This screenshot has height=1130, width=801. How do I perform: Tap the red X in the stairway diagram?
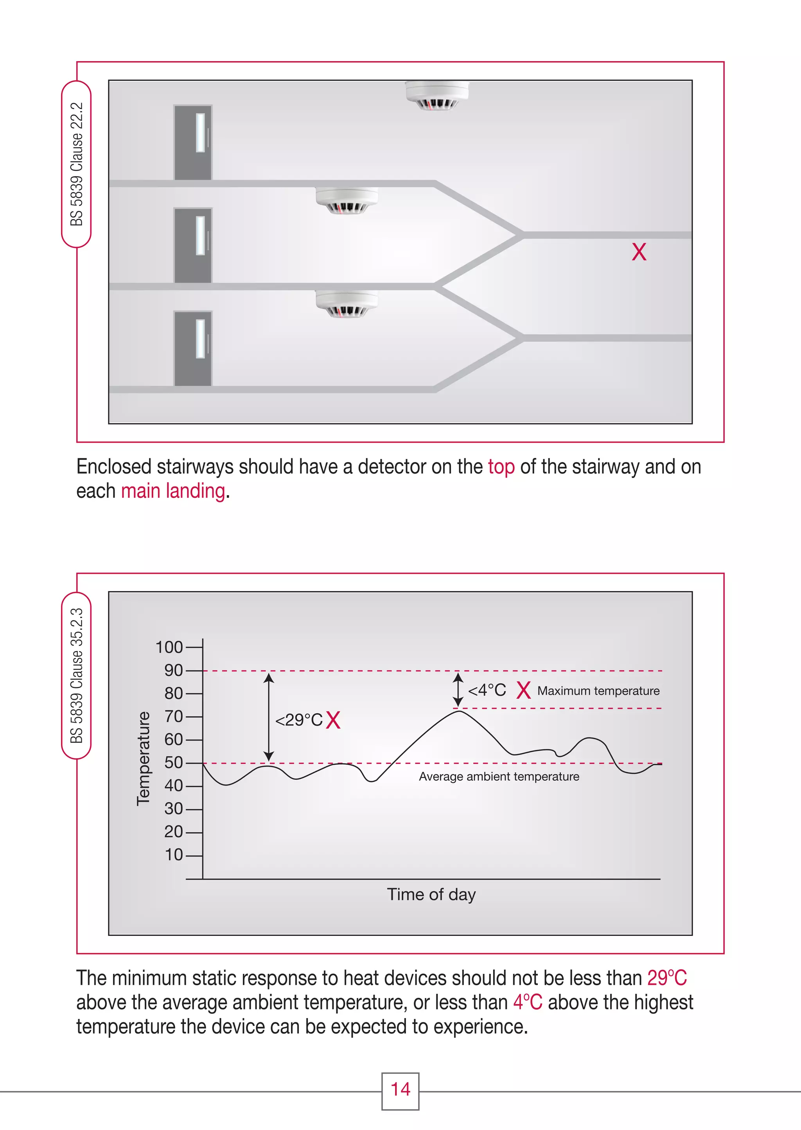point(639,252)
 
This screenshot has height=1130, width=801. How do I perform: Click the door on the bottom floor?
point(193,348)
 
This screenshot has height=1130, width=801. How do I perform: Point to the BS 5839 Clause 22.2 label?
point(76,164)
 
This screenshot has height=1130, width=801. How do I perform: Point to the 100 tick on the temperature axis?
point(169,647)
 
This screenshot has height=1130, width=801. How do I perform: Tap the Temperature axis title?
point(143,759)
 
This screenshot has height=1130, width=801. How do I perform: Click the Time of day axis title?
point(431,894)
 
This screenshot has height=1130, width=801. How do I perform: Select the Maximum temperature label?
point(598,690)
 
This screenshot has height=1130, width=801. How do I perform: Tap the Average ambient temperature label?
point(499,776)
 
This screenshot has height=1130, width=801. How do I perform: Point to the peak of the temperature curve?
point(458,711)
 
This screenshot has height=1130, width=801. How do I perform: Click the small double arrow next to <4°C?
point(458,689)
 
